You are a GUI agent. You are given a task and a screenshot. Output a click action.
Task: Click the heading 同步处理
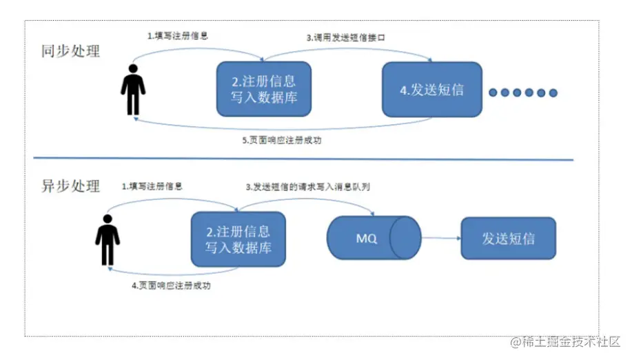click(70, 50)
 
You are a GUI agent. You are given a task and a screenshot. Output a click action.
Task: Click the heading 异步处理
click(70, 186)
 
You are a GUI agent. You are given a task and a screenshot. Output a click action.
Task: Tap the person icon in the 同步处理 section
click(132, 90)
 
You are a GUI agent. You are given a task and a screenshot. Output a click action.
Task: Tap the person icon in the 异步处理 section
click(107, 240)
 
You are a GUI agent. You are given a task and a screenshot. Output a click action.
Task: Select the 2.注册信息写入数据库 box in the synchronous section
click(264, 89)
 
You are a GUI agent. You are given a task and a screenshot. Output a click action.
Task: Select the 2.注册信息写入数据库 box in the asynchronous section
click(238, 239)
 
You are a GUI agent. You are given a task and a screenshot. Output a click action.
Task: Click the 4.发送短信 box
click(432, 89)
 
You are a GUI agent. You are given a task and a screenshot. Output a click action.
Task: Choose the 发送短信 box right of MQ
click(508, 239)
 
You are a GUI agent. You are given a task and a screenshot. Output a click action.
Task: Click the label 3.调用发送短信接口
click(345, 38)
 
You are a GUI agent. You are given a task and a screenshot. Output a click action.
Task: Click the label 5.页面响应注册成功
click(282, 140)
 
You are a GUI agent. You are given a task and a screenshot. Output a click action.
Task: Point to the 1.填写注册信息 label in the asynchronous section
click(152, 186)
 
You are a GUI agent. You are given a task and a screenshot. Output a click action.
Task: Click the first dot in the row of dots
click(493, 93)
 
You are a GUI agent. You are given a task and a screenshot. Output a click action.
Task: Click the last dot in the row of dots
click(551, 93)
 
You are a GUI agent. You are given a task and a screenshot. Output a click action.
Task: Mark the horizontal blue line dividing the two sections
click(303, 160)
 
